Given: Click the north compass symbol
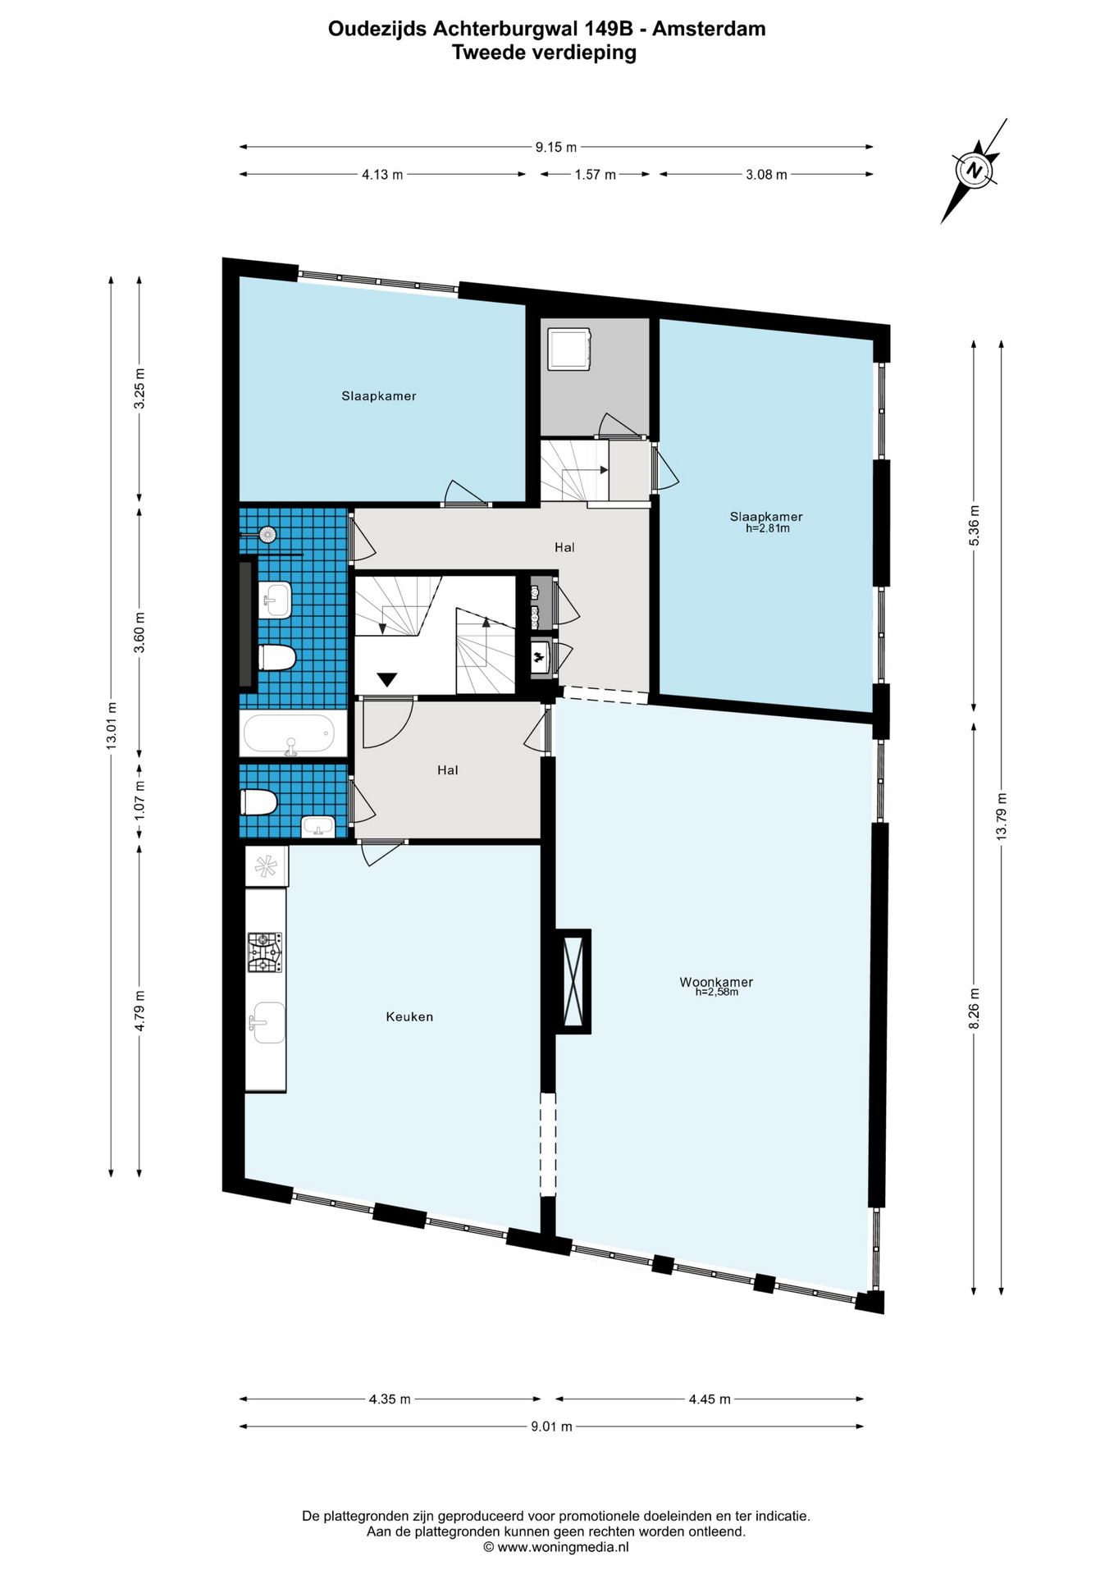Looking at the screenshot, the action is click(x=975, y=171).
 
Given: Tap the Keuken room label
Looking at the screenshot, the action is click(x=409, y=1016).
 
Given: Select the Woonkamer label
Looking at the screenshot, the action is click(x=716, y=982).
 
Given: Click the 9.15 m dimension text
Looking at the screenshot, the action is click(x=556, y=148).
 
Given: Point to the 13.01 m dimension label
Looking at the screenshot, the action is click(x=112, y=725).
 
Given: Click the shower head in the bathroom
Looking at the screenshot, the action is click(x=267, y=535).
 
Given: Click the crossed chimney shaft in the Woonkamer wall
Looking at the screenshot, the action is click(x=573, y=980).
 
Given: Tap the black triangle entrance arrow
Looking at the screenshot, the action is click(x=387, y=679).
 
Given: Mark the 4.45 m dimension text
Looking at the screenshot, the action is click(x=710, y=1399).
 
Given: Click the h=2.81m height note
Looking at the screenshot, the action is click(x=767, y=529).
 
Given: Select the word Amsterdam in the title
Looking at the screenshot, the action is click(x=709, y=29).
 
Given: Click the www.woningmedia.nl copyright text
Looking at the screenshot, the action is click(x=556, y=1547).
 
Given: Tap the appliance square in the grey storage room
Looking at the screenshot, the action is click(x=569, y=349).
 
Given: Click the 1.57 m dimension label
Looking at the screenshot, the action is click(x=595, y=175).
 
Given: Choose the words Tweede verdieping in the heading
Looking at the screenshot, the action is click(x=544, y=52).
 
